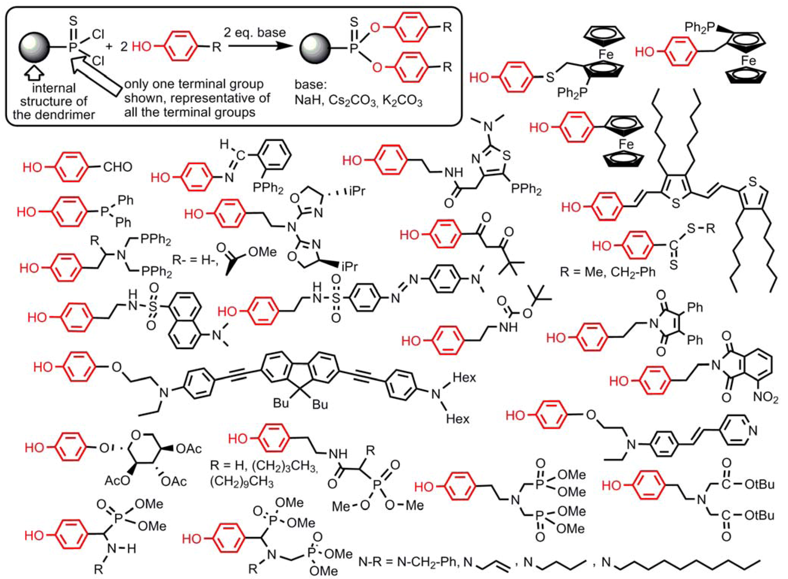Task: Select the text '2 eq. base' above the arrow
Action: (255, 32)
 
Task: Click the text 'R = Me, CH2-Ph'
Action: (607, 272)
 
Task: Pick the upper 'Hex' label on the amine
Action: (464, 377)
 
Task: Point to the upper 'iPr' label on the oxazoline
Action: (356, 191)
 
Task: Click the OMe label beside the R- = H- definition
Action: (262, 252)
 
